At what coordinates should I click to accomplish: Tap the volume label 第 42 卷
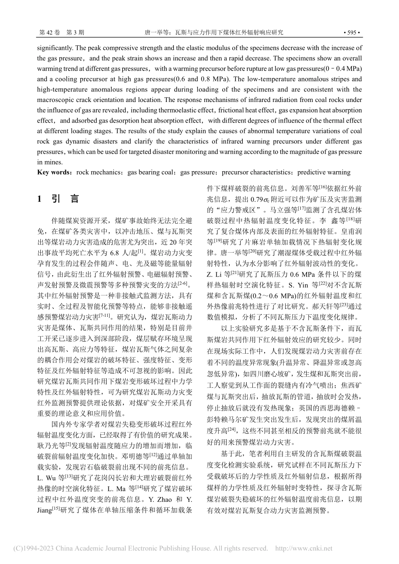click(49, 32)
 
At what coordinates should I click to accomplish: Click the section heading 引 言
click(66, 199)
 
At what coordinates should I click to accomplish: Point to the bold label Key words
click(53, 172)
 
